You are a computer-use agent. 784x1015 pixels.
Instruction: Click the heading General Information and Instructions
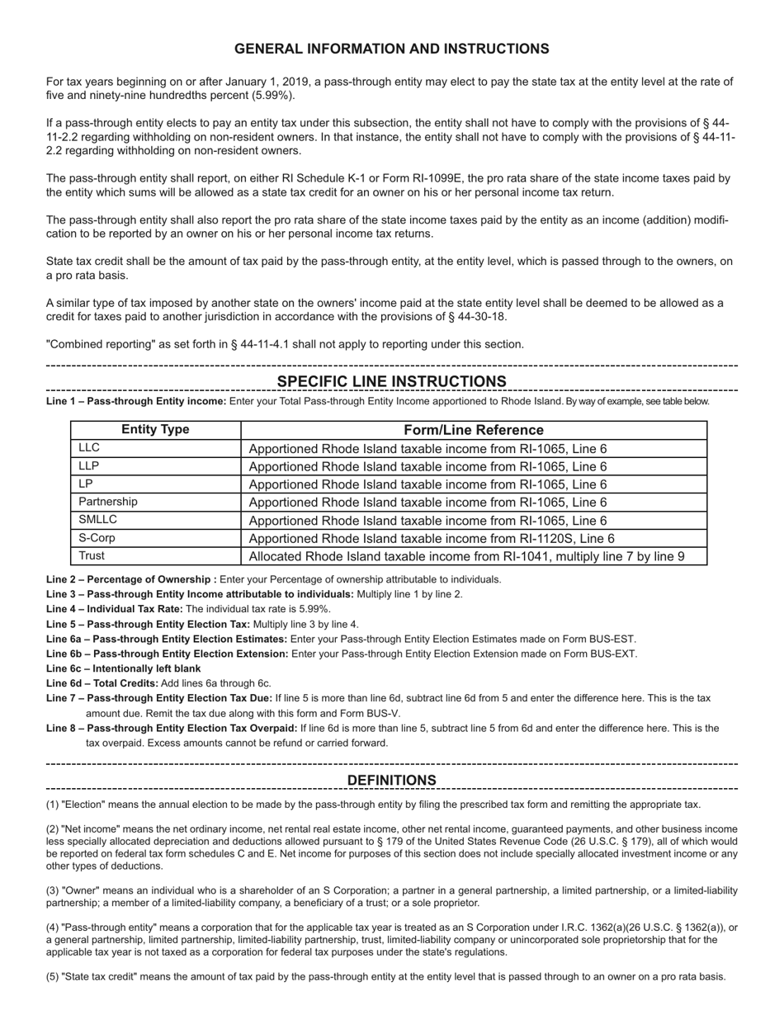pos(391,49)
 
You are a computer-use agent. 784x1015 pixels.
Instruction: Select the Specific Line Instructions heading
pos(391,381)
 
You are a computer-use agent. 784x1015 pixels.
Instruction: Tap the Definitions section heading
pos(391,780)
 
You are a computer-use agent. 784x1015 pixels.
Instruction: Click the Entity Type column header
pos(155,430)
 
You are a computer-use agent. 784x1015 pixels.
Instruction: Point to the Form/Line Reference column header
pos(474,430)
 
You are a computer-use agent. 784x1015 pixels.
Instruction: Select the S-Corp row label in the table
pos(97,538)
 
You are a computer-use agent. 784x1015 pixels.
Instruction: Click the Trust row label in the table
pos(92,556)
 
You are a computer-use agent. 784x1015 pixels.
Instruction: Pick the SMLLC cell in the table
pos(98,520)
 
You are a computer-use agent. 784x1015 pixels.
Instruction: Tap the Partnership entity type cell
pos(108,502)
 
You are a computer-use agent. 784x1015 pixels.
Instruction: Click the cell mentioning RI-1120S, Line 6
pos(432,538)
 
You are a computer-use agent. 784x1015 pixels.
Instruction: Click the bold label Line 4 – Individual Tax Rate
pos(114,609)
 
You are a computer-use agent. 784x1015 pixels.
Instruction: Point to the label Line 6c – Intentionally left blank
pos(123,668)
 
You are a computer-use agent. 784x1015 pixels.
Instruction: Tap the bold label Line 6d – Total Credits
pos(102,683)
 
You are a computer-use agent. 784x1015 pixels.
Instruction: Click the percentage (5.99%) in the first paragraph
pos(272,96)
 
